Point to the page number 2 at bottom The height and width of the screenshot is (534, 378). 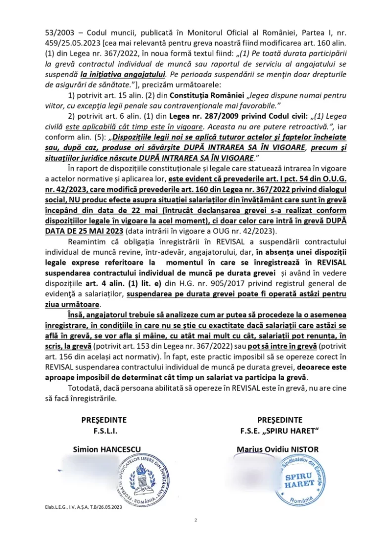(x=196, y=520)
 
